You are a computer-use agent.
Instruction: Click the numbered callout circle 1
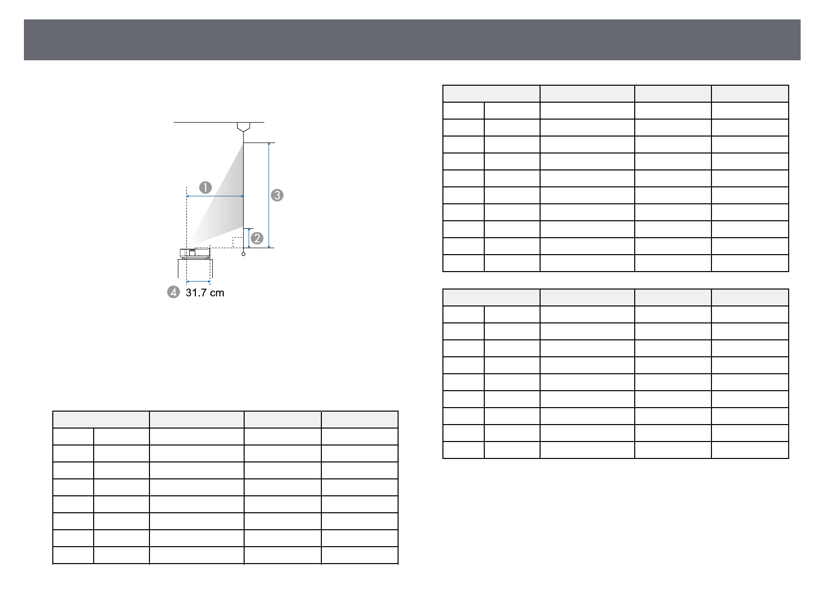205,187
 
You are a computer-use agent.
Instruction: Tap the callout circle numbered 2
257,238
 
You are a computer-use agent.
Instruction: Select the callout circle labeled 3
277,195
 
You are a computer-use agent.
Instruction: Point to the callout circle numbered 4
173,292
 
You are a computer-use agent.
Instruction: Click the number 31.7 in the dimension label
197,293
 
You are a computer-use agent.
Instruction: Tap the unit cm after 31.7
217,293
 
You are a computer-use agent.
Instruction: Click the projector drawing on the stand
195,253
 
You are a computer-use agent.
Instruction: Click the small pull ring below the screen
244,254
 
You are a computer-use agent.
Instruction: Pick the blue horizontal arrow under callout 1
215,196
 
